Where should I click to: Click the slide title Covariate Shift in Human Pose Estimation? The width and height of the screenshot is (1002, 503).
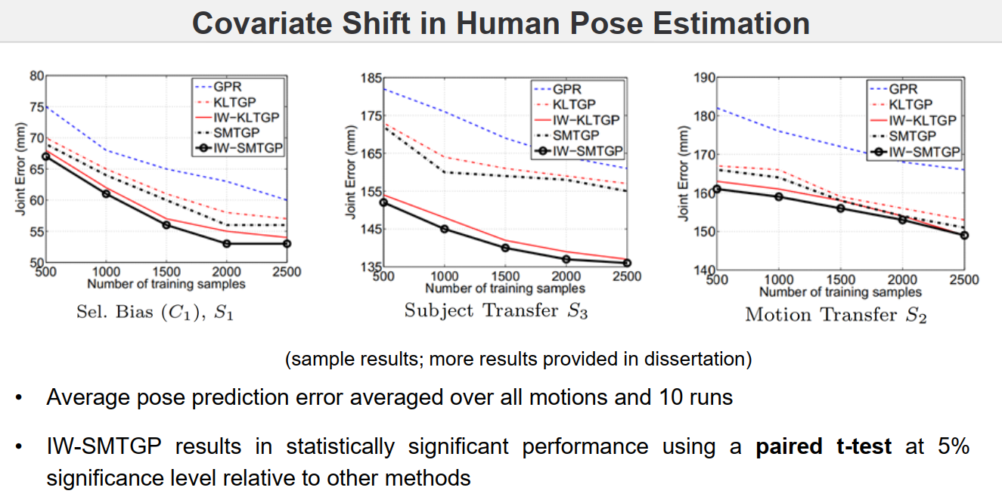(x=501, y=23)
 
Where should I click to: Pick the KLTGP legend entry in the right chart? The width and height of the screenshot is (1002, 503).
(x=911, y=105)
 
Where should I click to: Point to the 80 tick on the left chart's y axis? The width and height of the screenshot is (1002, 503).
(x=36, y=76)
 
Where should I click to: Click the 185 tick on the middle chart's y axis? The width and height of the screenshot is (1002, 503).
(x=371, y=78)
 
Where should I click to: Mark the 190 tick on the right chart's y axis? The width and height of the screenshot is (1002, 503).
(x=704, y=78)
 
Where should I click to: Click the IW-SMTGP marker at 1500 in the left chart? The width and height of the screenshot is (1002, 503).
(x=166, y=225)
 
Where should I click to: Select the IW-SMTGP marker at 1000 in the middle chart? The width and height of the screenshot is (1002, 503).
(x=444, y=229)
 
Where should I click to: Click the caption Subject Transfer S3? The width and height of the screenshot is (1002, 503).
(x=495, y=310)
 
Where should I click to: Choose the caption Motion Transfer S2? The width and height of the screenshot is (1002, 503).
(x=836, y=314)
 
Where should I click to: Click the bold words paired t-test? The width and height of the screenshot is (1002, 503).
(x=824, y=446)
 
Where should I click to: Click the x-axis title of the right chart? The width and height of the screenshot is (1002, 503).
(x=840, y=292)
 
